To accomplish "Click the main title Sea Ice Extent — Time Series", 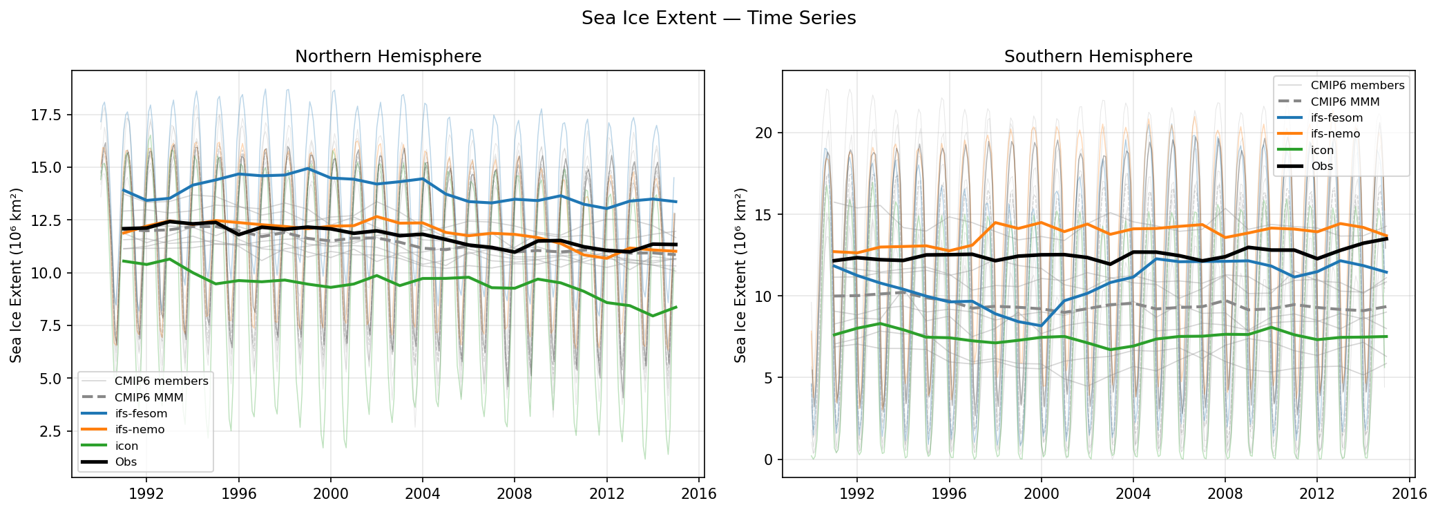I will point(718,19).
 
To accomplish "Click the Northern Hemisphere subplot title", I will point(388,57).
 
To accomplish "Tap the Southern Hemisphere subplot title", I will point(1098,57).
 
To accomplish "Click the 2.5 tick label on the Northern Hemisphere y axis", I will point(50,432).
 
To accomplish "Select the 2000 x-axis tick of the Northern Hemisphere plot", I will point(330,494).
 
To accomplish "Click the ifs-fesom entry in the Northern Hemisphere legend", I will point(141,414).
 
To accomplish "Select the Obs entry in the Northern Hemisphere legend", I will point(126,462).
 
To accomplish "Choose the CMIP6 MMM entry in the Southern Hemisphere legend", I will point(1345,102).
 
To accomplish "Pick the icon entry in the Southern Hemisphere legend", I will point(1322,150).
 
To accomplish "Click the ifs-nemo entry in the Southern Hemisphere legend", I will point(1335,134).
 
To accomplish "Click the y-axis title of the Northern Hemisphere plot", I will point(17,275).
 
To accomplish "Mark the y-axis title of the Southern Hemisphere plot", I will point(740,275).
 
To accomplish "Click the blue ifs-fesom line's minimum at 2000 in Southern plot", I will point(1041,325).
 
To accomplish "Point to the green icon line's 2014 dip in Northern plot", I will point(653,316).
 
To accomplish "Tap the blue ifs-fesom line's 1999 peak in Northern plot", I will point(308,169).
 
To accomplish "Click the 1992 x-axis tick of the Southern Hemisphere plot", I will point(856,494).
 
